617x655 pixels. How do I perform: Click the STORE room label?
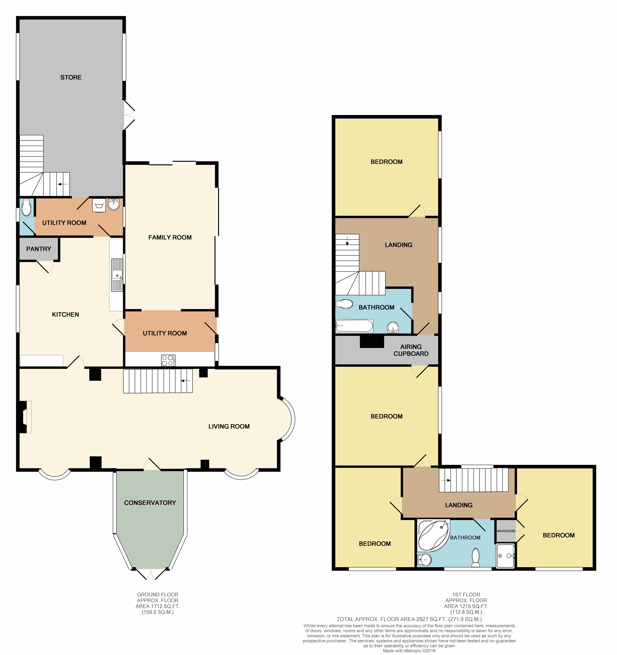[71, 77]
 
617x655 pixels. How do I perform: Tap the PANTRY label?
[39, 249]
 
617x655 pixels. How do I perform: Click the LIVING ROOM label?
[229, 426]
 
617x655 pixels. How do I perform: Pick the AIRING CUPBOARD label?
[411, 350]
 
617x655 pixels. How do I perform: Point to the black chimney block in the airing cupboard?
[372, 342]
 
